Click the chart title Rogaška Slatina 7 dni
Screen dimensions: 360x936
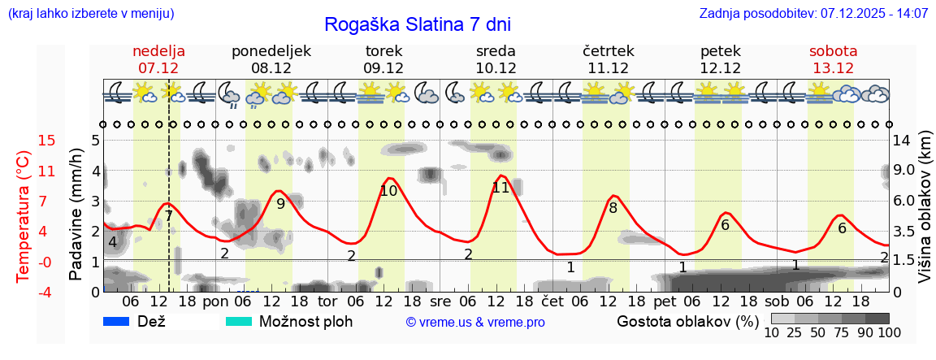(x=418, y=24)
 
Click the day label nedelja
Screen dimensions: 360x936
(x=158, y=51)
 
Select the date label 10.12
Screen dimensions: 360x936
(x=496, y=68)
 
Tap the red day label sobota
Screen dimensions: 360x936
(x=833, y=51)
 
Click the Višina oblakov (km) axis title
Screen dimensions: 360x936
(x=925, y=209)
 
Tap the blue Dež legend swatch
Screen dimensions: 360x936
(x=116, y=321)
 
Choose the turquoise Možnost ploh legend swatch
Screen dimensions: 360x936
(x=238, y=321)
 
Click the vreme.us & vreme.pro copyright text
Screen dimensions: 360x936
(x=475, y=323)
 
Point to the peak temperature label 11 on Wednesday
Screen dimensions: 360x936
(x=500, y=188)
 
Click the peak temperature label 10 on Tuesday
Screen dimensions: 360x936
(x=388, y=191)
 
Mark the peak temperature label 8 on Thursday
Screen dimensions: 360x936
(x=613, y=207)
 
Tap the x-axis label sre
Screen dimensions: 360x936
(x=440, y=301)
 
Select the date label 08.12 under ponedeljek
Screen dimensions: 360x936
(x=271, y=68)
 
